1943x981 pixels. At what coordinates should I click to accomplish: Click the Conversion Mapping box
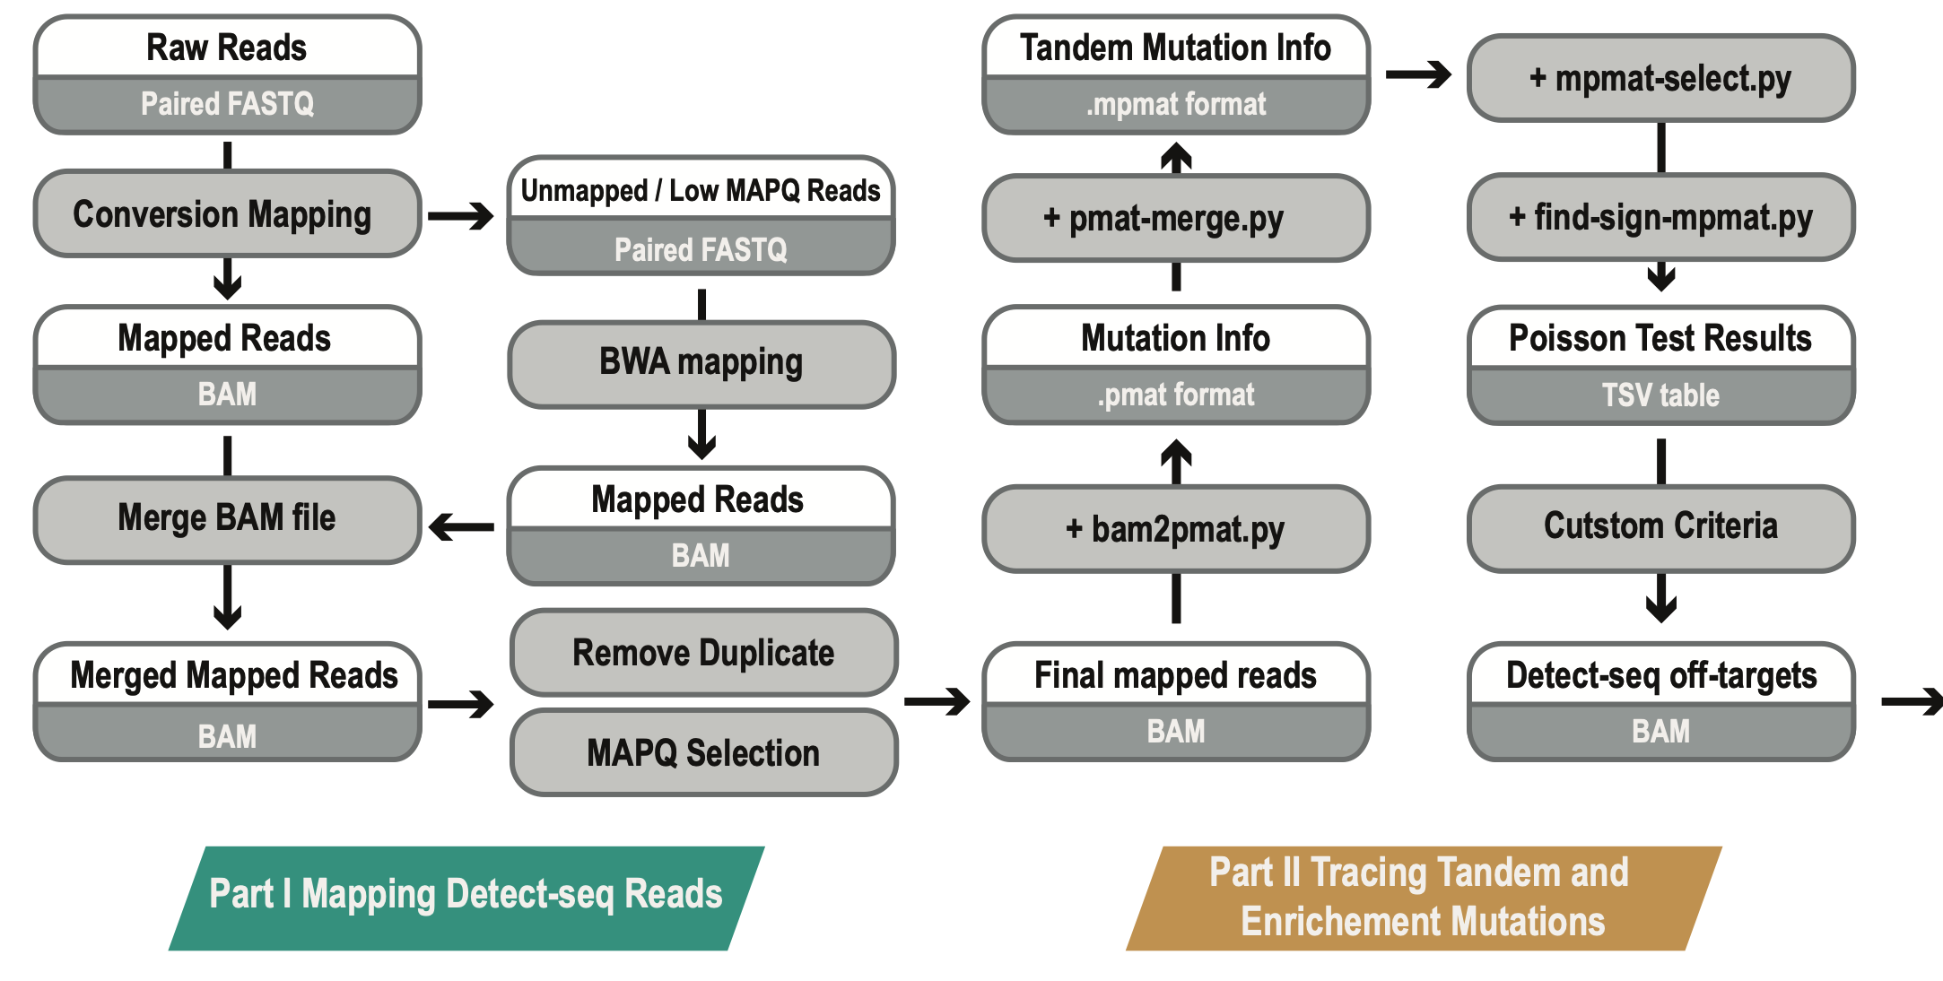pos(226,214)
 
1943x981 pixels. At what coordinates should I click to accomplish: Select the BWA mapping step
pos(701,363)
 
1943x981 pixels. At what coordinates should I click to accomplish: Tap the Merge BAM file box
pos(226,518)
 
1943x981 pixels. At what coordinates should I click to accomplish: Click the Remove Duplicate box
pos(703,653)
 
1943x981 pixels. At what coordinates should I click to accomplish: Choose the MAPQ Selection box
pos(703,753)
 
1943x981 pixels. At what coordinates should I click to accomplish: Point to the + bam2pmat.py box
pos(1175,529)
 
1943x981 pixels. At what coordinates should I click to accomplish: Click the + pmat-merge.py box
pos(1175,218)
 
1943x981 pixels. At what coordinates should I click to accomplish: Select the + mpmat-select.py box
pos(1660,78)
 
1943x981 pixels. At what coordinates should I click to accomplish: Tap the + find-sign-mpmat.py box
pos(1660,217)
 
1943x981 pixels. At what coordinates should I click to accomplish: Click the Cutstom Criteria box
pos(1660,526)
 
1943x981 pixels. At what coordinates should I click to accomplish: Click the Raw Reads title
pos(226,48)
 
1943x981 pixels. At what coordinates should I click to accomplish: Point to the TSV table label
pos(1660,395)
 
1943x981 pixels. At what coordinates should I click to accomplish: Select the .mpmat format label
pos(1175,105)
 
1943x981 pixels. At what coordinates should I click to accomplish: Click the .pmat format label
pos(1175,395)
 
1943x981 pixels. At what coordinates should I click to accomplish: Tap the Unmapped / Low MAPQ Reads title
pos(701,191)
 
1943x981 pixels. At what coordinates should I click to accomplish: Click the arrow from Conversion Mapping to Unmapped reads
pos(461,216)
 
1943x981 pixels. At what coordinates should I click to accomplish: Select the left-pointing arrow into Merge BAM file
pos(462,527)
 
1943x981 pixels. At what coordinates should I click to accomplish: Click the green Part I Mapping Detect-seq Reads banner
pos(466,895)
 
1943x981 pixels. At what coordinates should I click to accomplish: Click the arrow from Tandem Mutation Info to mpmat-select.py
pos(1418,74)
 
